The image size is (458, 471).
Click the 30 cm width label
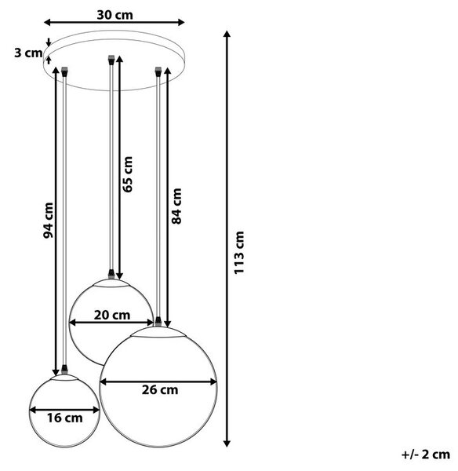coord(114,15)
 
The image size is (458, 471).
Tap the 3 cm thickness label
coord(28,53)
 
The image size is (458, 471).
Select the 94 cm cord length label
coord(48,221)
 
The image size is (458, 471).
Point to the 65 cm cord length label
coord(127,174)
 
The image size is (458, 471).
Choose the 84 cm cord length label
coord(176,206)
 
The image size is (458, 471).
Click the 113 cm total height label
coord(239,253)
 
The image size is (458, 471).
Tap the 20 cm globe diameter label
coord(112,315)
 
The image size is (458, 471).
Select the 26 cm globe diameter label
coord(160,390)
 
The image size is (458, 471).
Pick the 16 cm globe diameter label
coord(65,418)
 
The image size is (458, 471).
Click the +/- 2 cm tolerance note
coord(426,455)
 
